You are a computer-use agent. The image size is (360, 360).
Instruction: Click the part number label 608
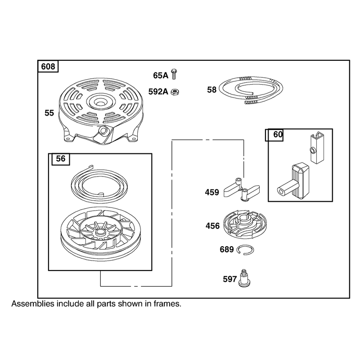48,67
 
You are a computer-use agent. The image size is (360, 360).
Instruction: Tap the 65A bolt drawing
174,74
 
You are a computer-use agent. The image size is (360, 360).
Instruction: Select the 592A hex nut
175,92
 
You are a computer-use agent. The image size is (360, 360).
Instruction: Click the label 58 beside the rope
211,90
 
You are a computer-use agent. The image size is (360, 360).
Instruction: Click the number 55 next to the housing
49,113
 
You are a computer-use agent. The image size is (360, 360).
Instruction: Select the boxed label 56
61,159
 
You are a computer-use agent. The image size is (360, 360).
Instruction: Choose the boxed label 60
278,135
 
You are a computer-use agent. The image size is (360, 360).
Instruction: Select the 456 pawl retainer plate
245,224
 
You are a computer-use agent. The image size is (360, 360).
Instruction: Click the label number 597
229,279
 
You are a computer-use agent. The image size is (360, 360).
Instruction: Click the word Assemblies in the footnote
33,304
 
